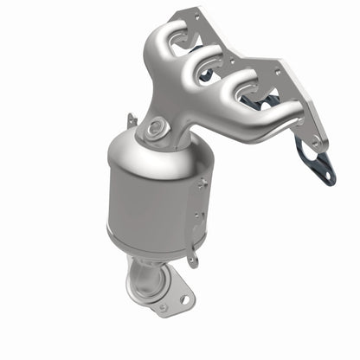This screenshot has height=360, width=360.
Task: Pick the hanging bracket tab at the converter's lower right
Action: [x=192, y=255]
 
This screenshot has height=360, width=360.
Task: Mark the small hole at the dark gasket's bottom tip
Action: [x=327, y=177]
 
